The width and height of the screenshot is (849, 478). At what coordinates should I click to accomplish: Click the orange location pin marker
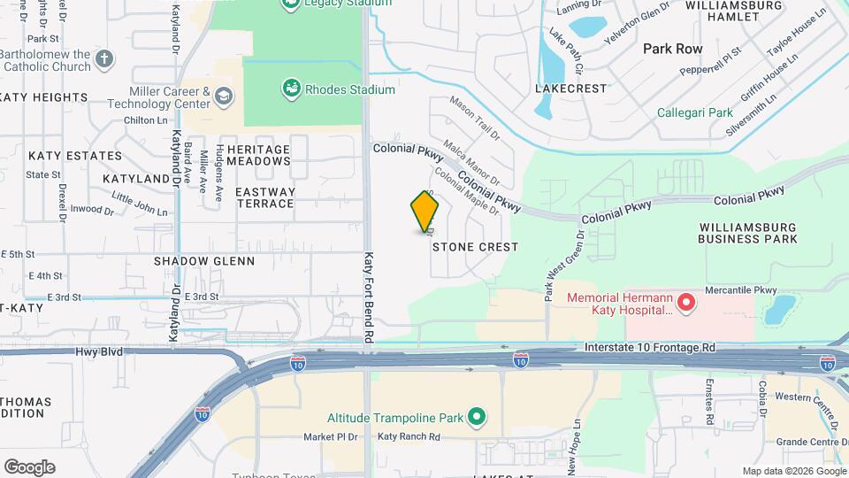(x=424, y=212)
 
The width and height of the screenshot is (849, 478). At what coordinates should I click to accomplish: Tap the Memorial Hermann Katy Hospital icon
(x=685, y=304)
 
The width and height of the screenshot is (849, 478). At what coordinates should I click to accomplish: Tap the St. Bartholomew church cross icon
(x=105, y=60)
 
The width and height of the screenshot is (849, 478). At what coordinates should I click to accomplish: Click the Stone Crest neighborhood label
(x=475, y=247)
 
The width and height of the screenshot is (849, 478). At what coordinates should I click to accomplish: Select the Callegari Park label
(x=694, y=112)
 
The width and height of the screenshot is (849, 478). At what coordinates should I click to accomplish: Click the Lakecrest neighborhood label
(x=571, y=89)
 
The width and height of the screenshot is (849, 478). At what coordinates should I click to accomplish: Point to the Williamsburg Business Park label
(x=747, y=233)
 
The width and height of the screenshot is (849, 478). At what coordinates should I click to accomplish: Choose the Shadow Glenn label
(x=204, y=261)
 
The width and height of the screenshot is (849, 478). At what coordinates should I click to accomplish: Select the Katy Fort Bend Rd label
(x=370, y=297)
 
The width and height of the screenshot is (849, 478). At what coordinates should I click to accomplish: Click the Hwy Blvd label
(x=99, y=352)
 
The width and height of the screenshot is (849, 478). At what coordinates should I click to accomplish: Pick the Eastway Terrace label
(x=264, y=197)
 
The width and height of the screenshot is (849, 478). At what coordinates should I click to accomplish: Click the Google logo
(x=29, y=466)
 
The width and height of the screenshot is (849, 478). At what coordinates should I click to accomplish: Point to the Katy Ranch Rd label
(x=409, y=436)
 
